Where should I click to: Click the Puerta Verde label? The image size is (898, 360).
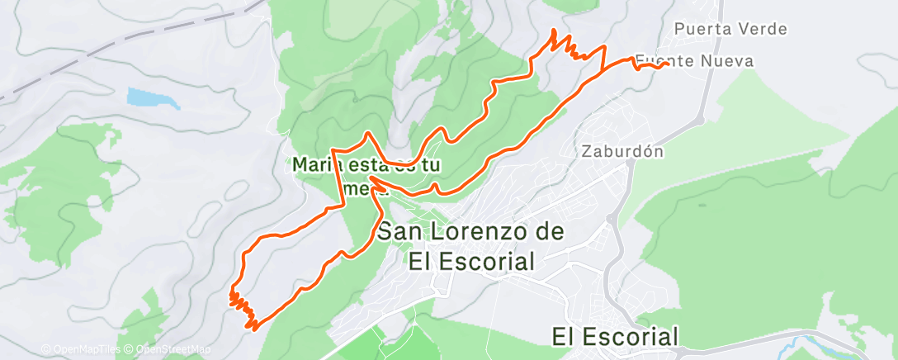coord(730,30)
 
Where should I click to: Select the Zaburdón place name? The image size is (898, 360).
coord(622,152)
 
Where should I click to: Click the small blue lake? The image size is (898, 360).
coord(153,99)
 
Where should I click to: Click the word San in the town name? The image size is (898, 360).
coord(401,232)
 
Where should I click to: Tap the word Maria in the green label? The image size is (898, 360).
coord(317,164)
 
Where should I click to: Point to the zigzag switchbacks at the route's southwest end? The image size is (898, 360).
coord(241,307)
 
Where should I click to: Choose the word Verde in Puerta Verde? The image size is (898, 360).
coord(761,30)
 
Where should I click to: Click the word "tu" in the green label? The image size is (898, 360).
coord(429,164)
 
